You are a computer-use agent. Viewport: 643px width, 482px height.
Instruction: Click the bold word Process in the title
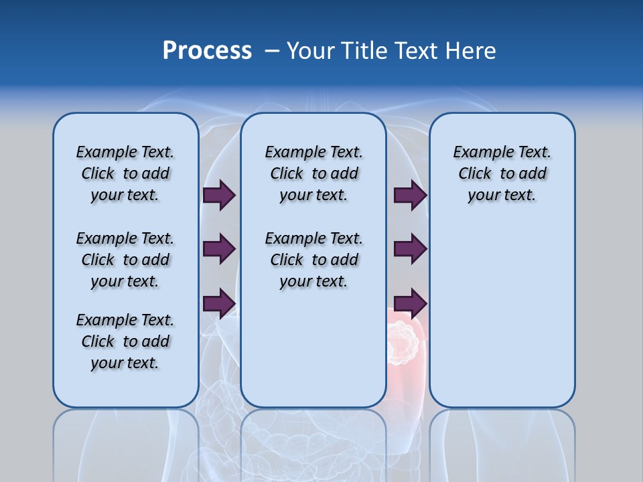click(207, 51)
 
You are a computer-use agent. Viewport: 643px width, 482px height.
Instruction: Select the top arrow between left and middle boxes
click(219, 195)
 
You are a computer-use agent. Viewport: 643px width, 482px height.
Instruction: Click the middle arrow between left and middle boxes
click(219, 249)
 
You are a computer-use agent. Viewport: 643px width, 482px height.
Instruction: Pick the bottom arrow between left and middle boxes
click(219, 303)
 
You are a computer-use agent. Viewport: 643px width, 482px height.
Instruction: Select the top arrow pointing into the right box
click(410, 195)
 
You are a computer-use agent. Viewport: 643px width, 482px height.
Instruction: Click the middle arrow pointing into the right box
click(410, 249)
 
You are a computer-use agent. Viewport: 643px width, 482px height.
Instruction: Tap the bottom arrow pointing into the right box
click(410, 303)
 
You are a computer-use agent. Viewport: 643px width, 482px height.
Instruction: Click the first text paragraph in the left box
click(125, 173)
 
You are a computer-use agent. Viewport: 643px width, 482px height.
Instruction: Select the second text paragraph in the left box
click(125, 260)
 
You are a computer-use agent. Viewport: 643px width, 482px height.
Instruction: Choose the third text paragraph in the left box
click(125, 341)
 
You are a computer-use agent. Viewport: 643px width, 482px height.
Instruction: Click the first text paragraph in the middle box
click(313, 173)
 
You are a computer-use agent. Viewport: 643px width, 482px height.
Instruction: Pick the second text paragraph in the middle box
click(313, 260)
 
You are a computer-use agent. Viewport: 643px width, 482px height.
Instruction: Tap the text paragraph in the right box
click(502, 173)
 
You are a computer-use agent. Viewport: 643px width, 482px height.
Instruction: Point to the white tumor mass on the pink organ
click(401, 341)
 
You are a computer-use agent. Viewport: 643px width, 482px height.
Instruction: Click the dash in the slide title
click(272, 51)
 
